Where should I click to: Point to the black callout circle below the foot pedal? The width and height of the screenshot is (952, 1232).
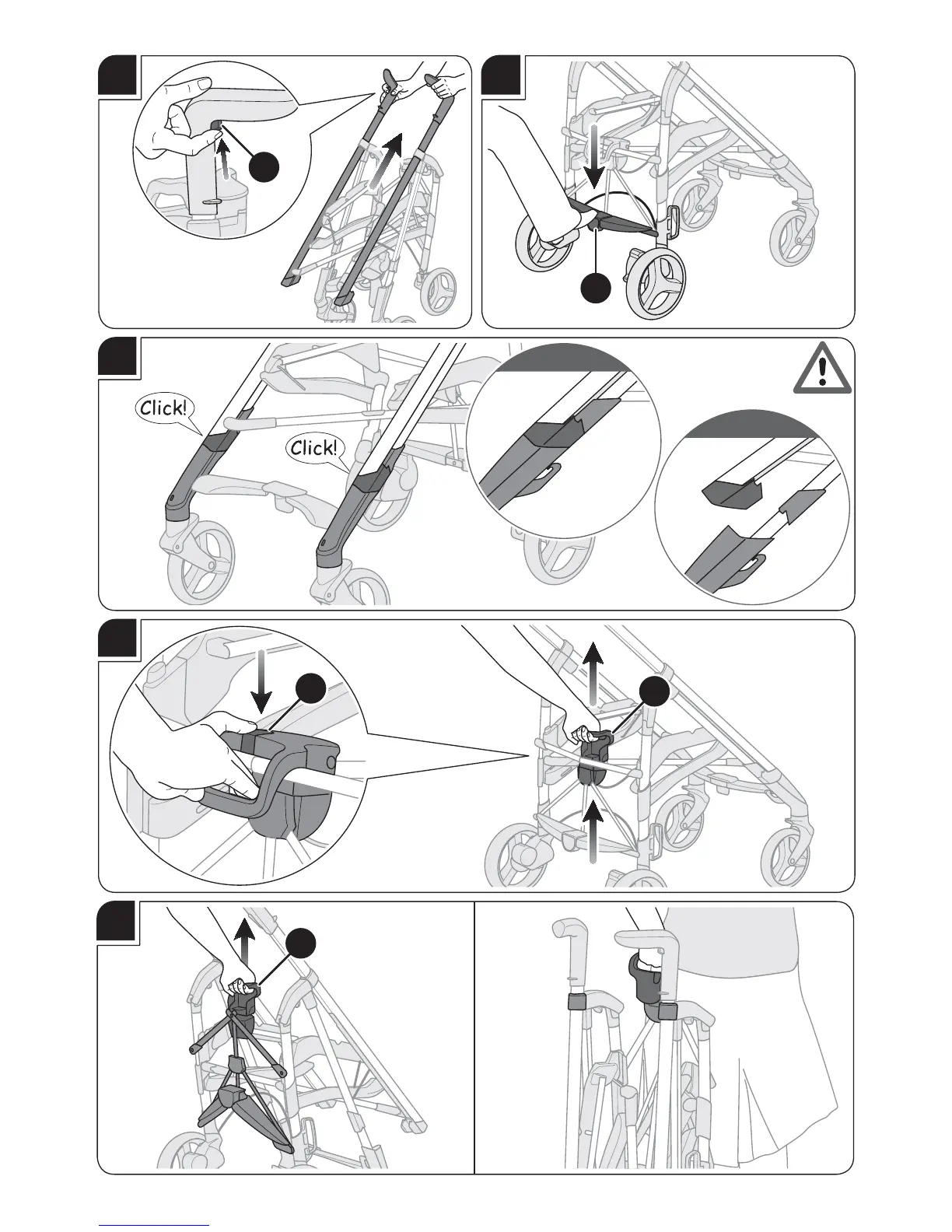(x=596, y=288)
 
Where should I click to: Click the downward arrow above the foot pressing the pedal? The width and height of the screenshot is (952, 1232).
(x=593, y=156)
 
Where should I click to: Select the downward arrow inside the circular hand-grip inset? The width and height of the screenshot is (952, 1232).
(x=261, y=681)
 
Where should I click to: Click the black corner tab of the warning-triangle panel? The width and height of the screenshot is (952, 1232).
(x=117, y=356)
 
